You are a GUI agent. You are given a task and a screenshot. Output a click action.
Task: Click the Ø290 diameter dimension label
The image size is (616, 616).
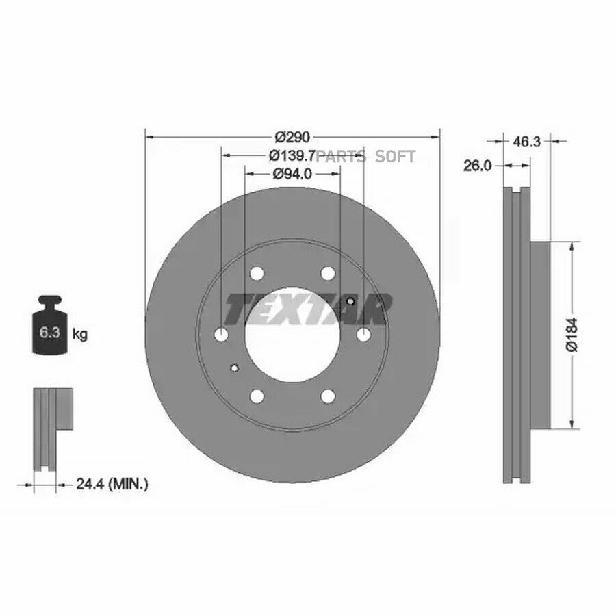[293, 137]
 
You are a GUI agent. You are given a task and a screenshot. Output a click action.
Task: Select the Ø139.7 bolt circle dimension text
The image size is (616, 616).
[292, 156]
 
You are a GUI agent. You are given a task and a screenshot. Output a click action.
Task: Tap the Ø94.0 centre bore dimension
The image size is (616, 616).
[292, 173]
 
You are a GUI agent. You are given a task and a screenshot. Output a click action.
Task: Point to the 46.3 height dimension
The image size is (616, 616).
[527, 142]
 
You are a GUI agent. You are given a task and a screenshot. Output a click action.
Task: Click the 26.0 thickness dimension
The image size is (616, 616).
[477, 166]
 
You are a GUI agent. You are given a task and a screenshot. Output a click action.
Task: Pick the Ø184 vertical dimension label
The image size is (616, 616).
[572, 334]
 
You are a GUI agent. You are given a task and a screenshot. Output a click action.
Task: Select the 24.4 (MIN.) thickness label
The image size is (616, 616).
[112, 484]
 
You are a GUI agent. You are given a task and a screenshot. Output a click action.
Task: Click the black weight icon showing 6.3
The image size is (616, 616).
[49, 325]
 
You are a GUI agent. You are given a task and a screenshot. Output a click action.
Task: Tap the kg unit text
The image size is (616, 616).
[80, 335]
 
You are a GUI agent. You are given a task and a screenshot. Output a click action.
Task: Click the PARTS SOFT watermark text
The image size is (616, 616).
[365, 157]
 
